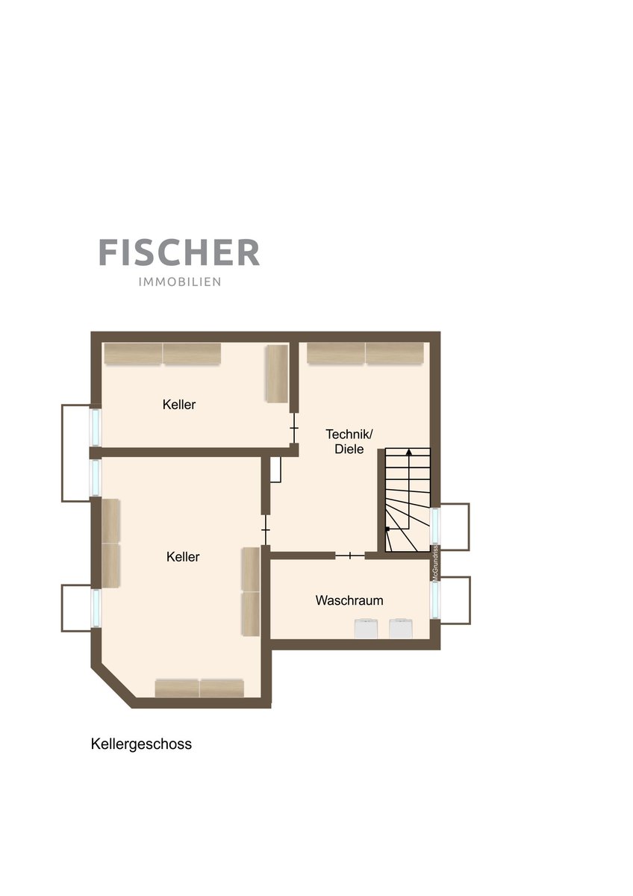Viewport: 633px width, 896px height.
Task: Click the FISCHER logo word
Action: click(179, 252)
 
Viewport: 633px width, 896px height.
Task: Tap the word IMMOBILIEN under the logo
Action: click(180, 282)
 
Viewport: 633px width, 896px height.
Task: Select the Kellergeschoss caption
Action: click(141, 744)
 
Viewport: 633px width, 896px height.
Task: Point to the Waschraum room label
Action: click(349, 600)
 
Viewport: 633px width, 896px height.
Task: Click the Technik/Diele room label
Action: click(349, 441)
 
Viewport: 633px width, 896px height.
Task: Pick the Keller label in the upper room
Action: click(178, 405)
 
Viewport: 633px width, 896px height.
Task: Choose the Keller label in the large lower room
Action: click(183, 556)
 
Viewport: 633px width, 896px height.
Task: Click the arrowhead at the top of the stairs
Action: click(408, 452)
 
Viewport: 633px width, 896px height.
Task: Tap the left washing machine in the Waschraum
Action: click(366, 629)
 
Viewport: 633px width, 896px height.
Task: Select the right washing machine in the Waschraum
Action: click(401, 629)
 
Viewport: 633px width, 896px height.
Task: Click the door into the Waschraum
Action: click(350, 556)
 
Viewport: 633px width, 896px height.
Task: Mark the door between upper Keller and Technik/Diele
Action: click(294, 428)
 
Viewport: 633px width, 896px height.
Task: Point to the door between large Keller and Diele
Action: click(266, 530)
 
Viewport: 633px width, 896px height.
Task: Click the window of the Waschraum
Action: click(435, 600)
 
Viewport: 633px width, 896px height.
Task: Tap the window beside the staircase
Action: click(435, 526)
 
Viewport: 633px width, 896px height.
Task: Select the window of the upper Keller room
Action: click(95, 427)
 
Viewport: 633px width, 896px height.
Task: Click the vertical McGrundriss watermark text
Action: click(434, 563)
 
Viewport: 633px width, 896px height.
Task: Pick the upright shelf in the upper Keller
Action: click(277, 373)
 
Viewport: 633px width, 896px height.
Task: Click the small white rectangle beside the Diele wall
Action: click(275, 469)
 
